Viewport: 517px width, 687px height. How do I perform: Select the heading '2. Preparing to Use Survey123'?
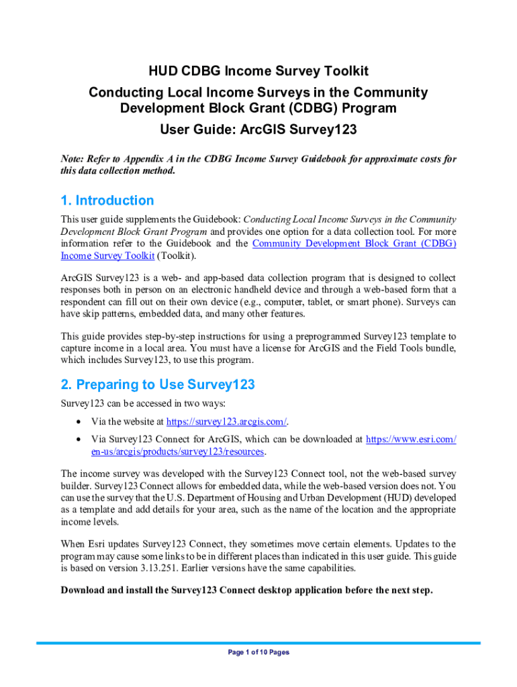158,385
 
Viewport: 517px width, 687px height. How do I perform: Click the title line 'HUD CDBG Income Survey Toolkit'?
258,71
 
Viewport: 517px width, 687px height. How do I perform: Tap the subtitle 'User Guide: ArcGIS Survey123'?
258,129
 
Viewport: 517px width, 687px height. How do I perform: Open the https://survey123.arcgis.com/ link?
226,421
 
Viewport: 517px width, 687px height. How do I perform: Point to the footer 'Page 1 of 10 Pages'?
258,652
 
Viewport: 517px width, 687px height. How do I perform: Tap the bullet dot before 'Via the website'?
81,422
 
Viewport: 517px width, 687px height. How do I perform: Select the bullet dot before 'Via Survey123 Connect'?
81,439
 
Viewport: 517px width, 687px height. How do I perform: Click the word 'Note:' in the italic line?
73,159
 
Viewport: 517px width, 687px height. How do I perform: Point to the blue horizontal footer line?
258,643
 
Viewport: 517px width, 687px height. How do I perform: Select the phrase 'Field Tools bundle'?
413,348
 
